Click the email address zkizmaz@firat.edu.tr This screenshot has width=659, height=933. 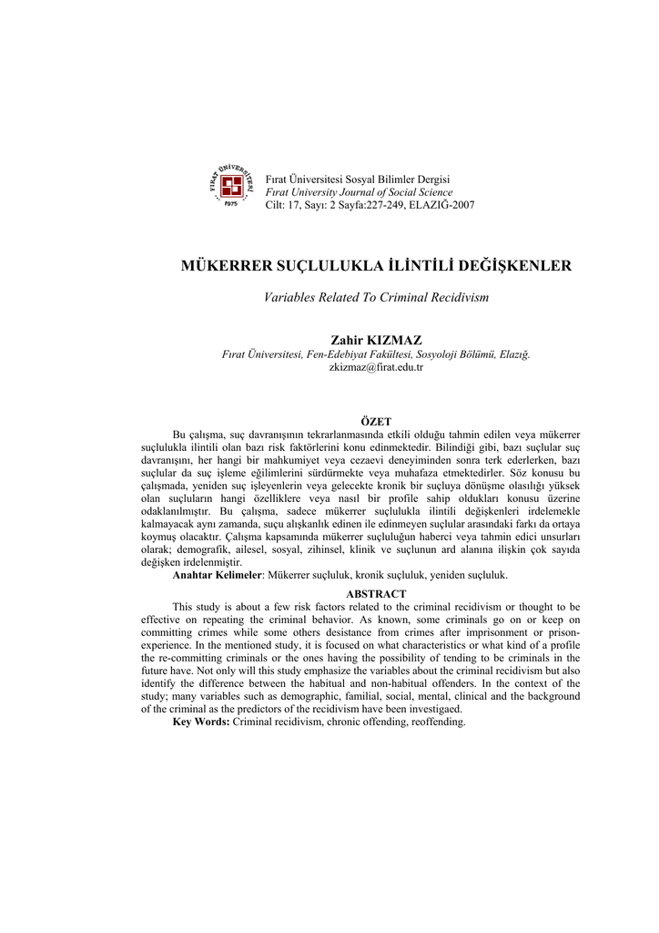point(376,367)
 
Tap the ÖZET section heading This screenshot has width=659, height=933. point(376,422)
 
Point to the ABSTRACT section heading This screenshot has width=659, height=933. point(376,594)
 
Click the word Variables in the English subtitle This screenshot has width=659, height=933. point(289,298)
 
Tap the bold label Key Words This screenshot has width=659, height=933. point(200,722)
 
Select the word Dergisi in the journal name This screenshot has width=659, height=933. point(431,179)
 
